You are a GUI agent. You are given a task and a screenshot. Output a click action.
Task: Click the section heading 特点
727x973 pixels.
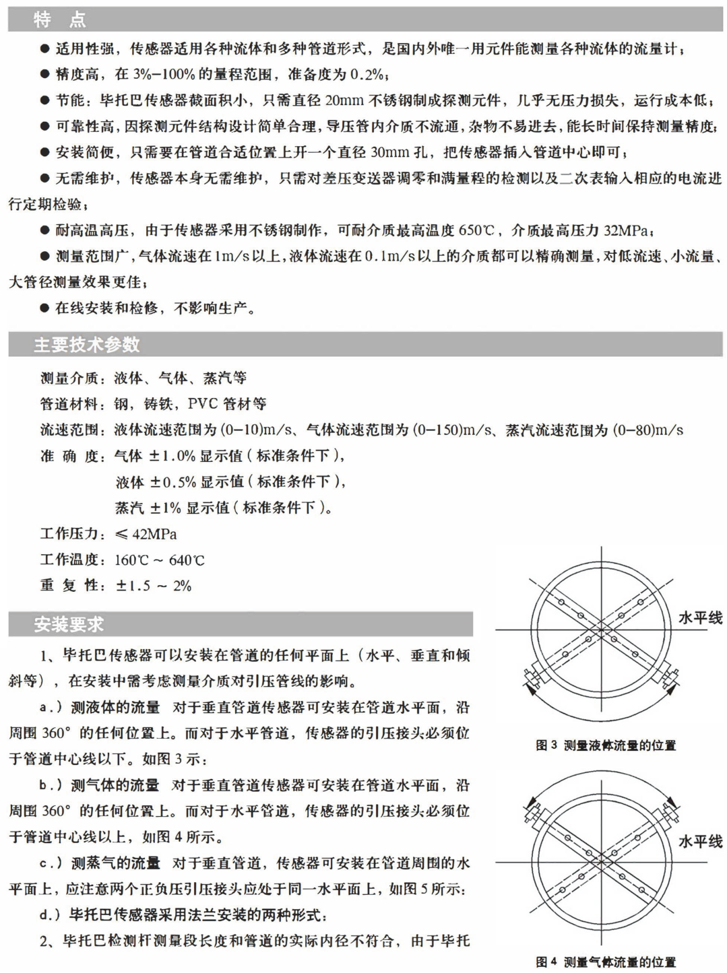(60, 20)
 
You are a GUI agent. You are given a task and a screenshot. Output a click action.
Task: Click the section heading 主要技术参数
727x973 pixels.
(87, 345)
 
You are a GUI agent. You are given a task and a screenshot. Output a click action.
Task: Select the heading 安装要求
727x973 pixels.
(69, 624)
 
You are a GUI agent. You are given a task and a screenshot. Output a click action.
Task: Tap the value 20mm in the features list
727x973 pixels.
(344, 100)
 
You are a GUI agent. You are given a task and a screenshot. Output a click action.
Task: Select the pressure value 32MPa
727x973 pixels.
(626, 230)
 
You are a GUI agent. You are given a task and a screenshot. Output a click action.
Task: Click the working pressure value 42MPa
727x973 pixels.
(154, 534)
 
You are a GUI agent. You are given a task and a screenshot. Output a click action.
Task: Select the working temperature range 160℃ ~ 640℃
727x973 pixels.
(159, 560)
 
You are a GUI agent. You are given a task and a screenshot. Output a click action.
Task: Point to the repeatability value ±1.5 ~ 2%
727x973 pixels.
(154, 586)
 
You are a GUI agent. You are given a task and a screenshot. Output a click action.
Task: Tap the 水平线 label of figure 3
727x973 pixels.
(699, 617)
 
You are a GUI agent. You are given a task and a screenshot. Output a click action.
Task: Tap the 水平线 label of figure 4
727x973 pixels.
(699, 841)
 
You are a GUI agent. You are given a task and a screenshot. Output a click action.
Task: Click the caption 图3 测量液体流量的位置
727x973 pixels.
(605, 745)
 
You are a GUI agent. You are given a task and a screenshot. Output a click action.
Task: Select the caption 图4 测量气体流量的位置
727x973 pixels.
(605, 962)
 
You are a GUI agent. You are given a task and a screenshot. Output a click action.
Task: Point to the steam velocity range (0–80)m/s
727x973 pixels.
(647, 430)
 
